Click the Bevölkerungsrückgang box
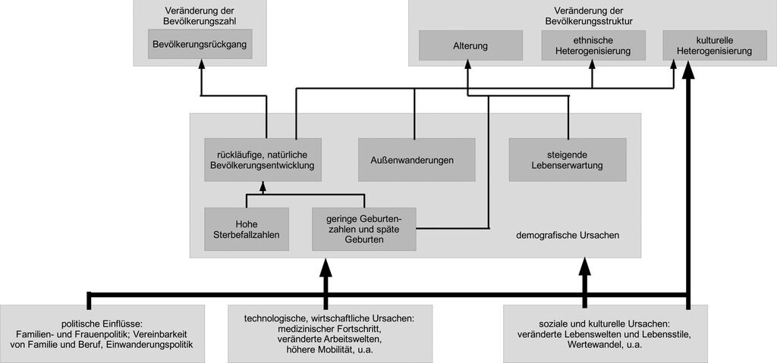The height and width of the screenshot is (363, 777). click(x=200, y=44)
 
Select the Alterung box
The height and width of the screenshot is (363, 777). click(x=470, y=45)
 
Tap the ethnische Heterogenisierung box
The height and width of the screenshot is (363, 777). click(x=593, y=45)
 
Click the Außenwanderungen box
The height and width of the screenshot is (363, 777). click(x=417, y=159)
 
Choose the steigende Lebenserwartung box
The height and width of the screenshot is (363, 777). click(x=568, y=159)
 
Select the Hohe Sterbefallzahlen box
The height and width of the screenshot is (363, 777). click(x=247, y=230)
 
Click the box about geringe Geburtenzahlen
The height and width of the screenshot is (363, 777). click(x=363, y=230)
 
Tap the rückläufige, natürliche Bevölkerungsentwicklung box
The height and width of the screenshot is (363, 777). click(x=263, y=159)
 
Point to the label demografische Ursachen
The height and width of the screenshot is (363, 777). click(x=568, y=236)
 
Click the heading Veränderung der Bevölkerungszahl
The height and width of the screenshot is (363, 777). click(x=200, y=14)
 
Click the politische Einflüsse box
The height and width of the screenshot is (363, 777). click(x=102, y=333)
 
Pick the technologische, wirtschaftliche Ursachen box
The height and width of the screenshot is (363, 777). click(x=330, y=333)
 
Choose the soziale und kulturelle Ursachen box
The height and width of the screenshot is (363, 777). click(x=606, y=333)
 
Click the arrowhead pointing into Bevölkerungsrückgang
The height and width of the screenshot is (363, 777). click(x=201, y=64)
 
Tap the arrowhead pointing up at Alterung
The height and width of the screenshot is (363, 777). click(x=468, y=64)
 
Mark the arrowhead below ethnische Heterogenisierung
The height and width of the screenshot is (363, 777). click(x=592, y=64)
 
